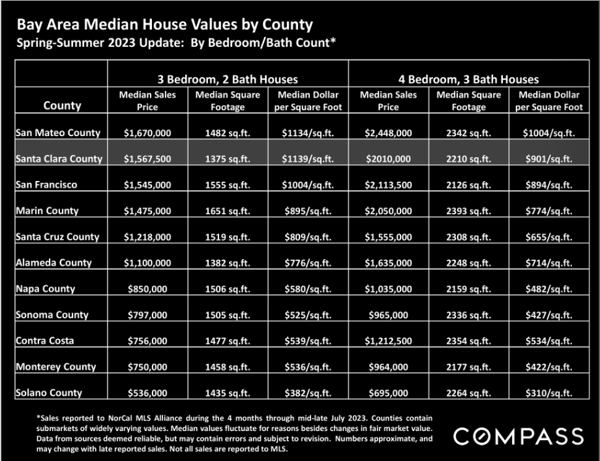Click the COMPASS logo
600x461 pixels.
pos(518,436)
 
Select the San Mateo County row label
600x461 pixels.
pos(58,133)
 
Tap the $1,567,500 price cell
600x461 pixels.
pos(147,159)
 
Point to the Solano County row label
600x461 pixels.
pos(49,393)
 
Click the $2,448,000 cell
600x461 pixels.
pos(388,133)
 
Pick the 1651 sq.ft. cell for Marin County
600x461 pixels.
pos(228,211)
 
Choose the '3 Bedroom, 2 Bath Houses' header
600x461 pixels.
pos(228,79)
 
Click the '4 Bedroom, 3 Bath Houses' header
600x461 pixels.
pos(468,79)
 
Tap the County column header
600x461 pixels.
pos(62,105)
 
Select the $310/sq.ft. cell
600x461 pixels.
pos(548,393)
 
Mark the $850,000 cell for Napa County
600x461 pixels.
pos(147,289)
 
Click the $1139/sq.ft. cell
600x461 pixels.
pos(308,159)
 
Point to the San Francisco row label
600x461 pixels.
pos(46,185)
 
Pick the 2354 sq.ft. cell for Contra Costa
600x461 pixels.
pos(468,341)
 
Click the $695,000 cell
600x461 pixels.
pos(388,393)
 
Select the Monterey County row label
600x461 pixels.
pos(56,367)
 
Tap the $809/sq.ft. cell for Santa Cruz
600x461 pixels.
pos(308,237)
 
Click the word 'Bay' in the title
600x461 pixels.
pos(29,25)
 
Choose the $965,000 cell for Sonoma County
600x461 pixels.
pos(388,315)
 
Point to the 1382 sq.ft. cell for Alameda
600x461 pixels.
pos(228,263)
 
